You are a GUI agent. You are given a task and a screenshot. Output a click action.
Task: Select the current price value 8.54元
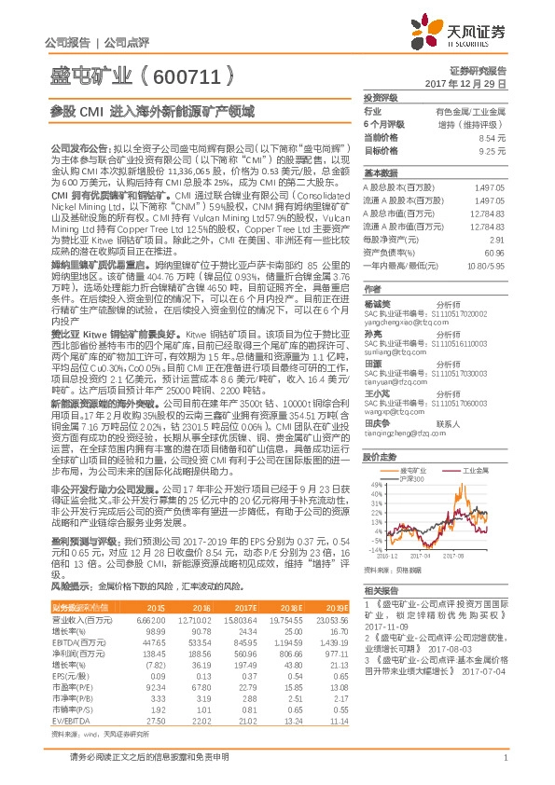click(492, 136)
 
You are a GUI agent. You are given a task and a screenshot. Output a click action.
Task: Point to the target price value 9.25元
click(492, 149)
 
